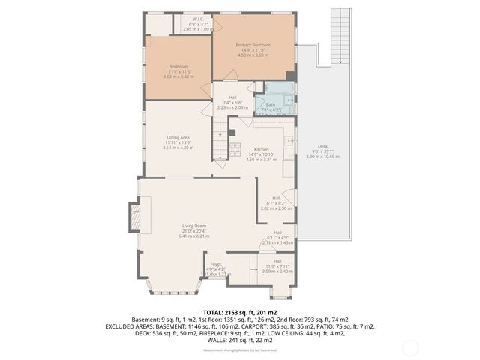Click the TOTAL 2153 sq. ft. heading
tap(240, 311)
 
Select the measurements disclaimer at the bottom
tap(240, 350)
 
